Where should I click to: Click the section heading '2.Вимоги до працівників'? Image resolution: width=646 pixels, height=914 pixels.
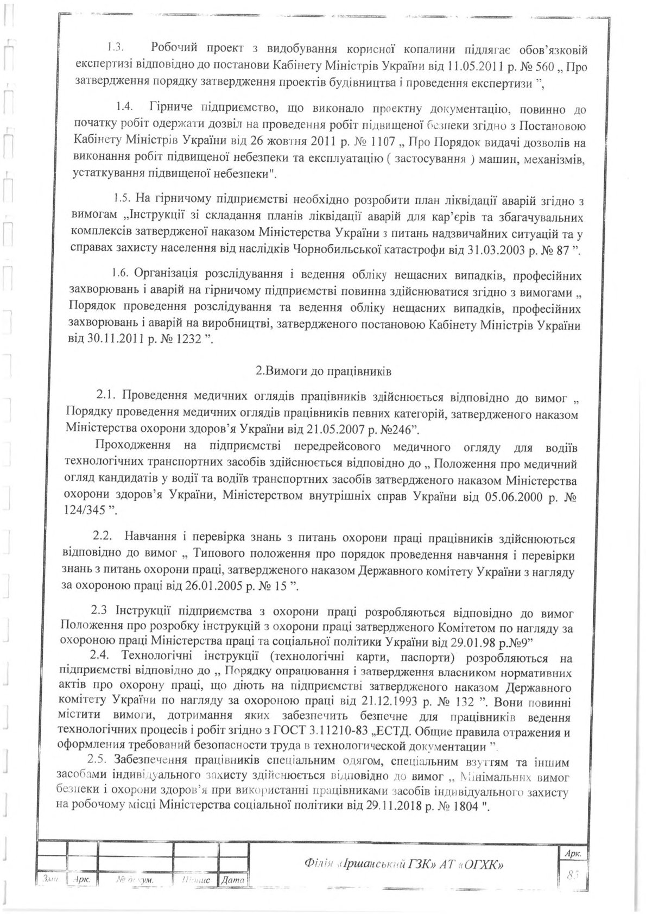[324, 373]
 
